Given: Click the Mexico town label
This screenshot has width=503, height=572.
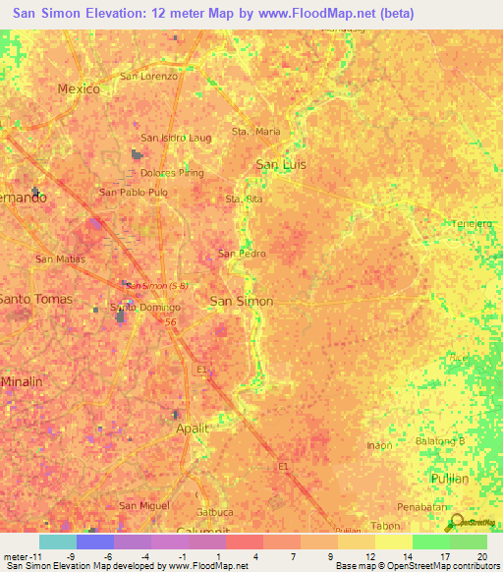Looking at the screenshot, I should [x=79, y=88].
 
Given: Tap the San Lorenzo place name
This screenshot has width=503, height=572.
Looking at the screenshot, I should [x=148, y=76].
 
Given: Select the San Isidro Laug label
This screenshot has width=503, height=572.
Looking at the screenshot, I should [x=176, y=139].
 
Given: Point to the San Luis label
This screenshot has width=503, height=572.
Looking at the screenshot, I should [x=281, y=164].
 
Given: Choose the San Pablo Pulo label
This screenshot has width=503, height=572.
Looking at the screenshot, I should [x=134, y=193].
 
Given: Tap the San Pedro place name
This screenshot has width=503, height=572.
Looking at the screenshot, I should [x=242, y=254].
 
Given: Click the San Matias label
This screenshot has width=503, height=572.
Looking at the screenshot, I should [x=61, y=259].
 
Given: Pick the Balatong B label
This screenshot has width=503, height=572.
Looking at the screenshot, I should [x=440, y=441].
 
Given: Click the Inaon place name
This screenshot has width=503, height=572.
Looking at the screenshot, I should [x=379, y=445].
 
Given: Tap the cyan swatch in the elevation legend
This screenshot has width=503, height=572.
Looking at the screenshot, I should [x=58, y=542].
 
